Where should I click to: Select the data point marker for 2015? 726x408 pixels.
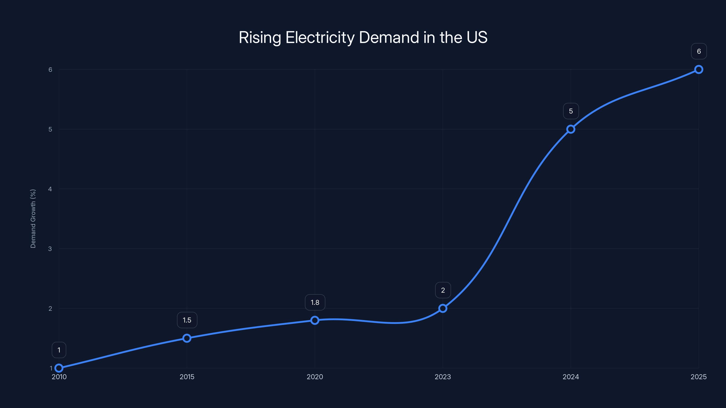coord(187,338)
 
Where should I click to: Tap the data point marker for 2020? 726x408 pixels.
coord(315,320)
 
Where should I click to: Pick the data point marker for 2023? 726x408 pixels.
coord(443,308)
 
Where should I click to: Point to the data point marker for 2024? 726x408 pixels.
coord(571,129)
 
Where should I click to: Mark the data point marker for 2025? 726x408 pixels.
coord(699,70)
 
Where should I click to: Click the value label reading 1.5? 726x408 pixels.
coord(187,320)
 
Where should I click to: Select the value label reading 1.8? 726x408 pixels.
coord(315,302)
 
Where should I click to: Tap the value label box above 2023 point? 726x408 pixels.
coord(443,290)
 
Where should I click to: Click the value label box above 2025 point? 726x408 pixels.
coord(699,51)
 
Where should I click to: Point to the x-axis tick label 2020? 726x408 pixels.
coord(315,377)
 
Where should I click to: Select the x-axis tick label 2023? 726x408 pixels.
coord(443,377)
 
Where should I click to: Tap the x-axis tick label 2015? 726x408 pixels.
coord(187,377)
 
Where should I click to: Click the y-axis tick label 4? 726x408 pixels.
coord(50,189)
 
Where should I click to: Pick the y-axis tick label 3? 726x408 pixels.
coord(50,249)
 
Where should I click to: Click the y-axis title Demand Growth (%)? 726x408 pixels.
coord(33,219)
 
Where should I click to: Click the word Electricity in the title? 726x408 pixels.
coord(320,37)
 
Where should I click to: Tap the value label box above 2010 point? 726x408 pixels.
coord(59,350)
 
